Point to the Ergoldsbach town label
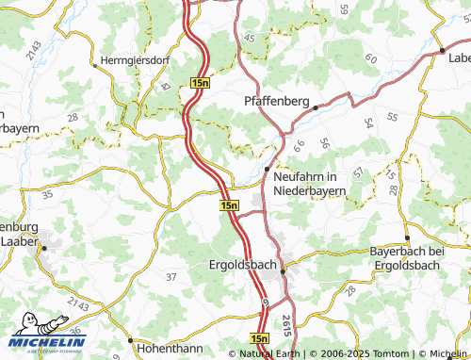pos(242,266)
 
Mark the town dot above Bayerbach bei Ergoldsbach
pos(406,237)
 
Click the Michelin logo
pos(47,335)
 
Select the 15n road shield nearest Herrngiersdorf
pos(200,84)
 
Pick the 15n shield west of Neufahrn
pos(229,205)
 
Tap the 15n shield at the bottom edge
pos(261,336)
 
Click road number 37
pos(171,276)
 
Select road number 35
pos(48,194)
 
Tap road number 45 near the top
pos(249,37)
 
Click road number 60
pos(369,58)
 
